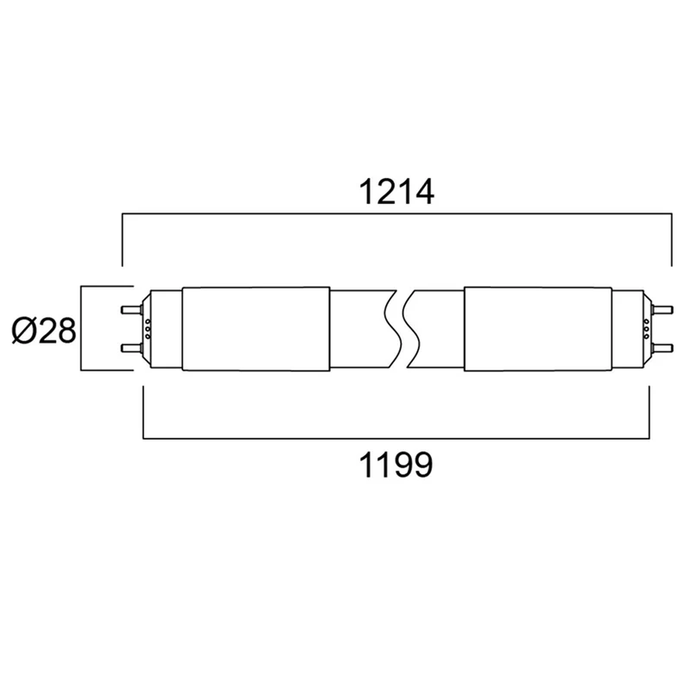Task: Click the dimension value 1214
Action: pos(397,192)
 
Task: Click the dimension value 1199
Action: pos(396,465)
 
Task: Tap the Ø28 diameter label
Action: pos(44,331)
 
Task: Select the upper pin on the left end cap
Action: pos(132,309)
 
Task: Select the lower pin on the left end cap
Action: pos(132,348)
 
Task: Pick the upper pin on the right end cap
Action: pos(662,309)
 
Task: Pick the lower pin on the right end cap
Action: pos(662,348)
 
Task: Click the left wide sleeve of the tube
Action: pos(256,329)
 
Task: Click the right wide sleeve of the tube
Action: pos(538,329)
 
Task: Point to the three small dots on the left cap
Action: pos(148,329)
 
